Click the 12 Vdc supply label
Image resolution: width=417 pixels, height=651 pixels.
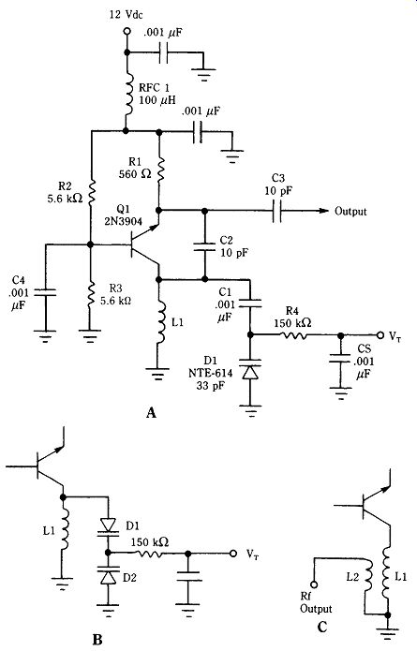(x=126, y=15)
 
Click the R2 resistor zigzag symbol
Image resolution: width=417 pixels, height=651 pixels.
(x=92, y=191)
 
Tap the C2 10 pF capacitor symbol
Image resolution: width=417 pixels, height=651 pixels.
(x=204, y=246)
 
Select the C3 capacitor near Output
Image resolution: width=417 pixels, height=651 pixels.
(x=277, y=211)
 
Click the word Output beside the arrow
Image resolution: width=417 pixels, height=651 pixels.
(x=350, y=212)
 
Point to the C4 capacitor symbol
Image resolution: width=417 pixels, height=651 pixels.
(x=45, y=292)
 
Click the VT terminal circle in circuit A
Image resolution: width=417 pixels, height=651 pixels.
(x=380, y=334)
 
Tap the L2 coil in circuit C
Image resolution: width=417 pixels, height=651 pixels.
(x=368, y=578)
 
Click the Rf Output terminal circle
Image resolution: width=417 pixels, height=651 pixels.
(x=314, y=584)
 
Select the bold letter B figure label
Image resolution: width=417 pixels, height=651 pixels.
(x=97, y=640)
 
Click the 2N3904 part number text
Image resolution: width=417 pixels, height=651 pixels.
(x=124, y=221)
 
